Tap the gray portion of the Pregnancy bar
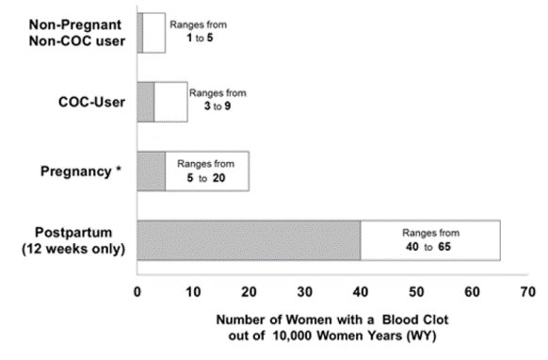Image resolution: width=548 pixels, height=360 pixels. click(151, 172)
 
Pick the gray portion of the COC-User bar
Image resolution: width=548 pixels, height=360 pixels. click(145, 102)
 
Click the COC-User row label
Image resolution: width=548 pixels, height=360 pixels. click(86, 102)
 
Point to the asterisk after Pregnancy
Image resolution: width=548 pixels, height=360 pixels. click(118, 171)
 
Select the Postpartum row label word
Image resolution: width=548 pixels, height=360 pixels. click(76, 232)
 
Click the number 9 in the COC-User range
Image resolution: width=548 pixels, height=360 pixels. click(226, 106)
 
